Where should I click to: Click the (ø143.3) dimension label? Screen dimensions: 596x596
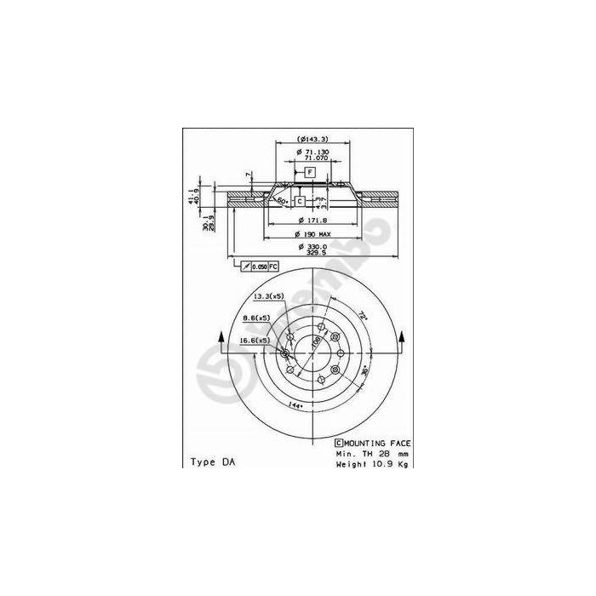312,139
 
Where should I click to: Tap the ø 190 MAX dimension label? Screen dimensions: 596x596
312,233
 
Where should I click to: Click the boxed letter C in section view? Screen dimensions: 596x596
300,201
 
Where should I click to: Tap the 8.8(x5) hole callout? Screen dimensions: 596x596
256,318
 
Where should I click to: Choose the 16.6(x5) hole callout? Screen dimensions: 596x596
254,340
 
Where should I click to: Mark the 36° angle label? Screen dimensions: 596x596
364,372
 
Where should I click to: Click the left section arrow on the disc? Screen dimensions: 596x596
223,341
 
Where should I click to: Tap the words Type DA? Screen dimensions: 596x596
213,461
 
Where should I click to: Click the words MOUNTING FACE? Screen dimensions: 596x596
376,444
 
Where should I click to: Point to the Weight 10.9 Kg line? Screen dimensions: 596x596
373,466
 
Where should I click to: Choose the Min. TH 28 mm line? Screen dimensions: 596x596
373,455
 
